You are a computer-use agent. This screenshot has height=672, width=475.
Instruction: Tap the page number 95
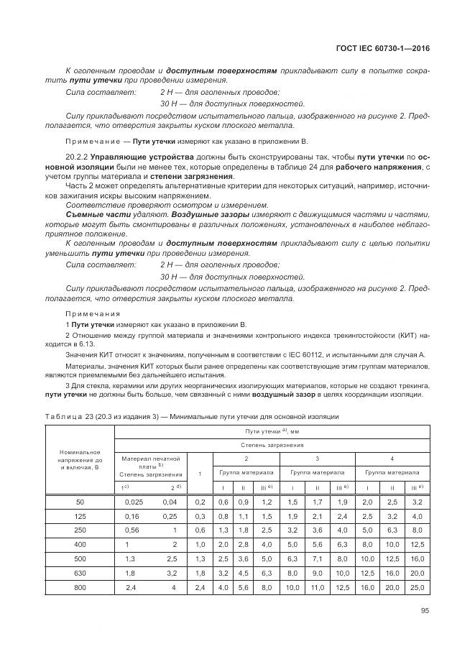(425, 612)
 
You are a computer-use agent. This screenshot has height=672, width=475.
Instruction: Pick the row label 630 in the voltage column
(79, 573)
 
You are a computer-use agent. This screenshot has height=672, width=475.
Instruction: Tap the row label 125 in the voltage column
(79, 515)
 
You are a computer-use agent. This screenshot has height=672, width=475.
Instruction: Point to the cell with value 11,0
(317, 587)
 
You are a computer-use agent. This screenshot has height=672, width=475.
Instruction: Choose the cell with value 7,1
(317, 558)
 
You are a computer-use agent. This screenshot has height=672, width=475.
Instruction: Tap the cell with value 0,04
(170, 501)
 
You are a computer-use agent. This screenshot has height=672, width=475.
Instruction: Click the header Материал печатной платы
(151, 462)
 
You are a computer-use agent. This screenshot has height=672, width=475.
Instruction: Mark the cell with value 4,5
(243, 573)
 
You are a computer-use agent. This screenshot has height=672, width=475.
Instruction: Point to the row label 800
(79, 587)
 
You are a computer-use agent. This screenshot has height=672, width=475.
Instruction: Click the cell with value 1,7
(317, 501)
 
